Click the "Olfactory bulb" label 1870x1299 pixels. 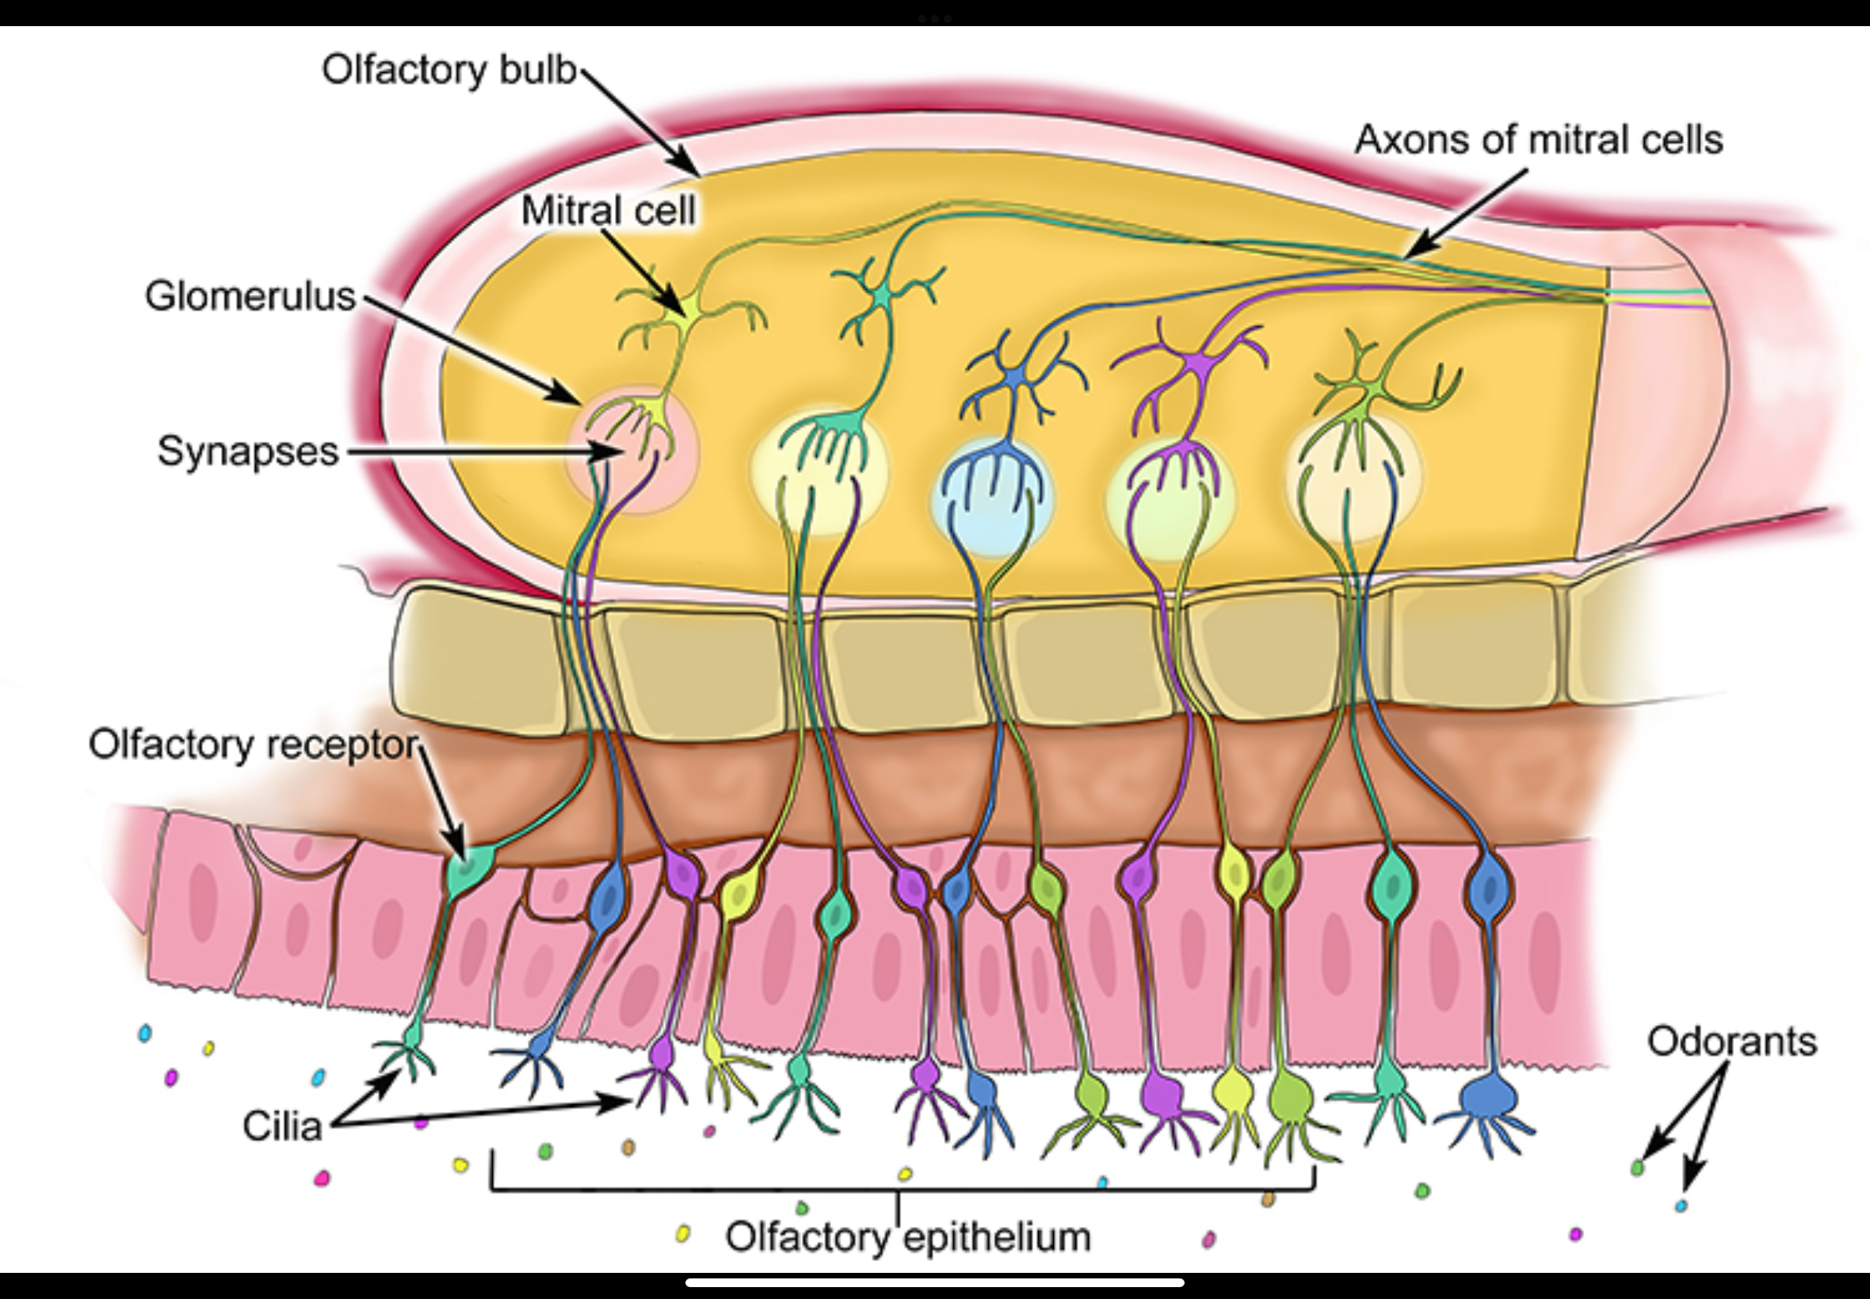448,70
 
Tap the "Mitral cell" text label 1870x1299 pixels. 608,211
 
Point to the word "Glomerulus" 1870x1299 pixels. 250,296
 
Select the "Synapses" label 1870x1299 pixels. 247,451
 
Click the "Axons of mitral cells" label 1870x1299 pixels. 1538,140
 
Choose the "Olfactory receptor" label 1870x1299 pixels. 254,745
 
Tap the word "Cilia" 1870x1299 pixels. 281,1126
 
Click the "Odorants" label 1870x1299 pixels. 1731,1041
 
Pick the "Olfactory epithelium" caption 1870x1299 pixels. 908,1237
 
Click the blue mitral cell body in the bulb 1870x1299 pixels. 1015,376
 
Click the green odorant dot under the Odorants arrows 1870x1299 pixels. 1637,1168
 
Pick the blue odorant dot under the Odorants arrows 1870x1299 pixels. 1681,1206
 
